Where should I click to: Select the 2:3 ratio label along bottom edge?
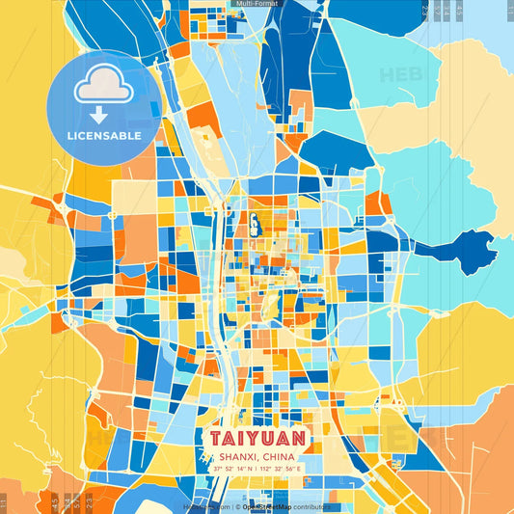pos(90,501)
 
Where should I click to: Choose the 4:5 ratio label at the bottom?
pos(52,501)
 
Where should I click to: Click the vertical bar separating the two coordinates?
pos(257,469)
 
